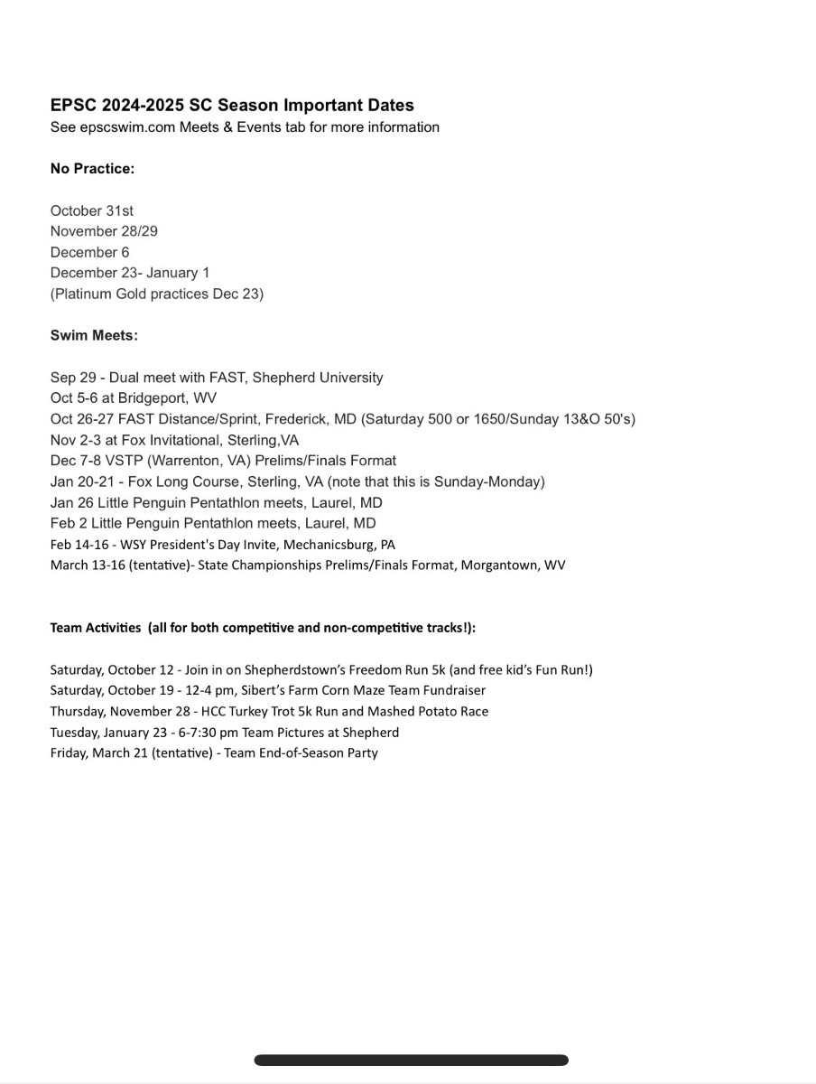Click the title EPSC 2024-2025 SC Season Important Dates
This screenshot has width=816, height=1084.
coord(232,106)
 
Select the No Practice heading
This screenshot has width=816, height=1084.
coord(92,169)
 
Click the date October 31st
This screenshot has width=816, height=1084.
coord(92,210)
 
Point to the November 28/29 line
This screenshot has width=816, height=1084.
coord(104,231)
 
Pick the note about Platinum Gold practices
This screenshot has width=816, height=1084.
coord(157,294)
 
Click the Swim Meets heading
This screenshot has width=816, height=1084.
coord(94,335)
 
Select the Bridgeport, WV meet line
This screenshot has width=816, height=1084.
coord(134,398)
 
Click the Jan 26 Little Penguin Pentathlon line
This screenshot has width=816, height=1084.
coord(216,502)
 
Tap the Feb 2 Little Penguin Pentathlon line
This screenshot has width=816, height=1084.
coord(213,523)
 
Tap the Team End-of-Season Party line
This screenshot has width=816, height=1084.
coord(214,752)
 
